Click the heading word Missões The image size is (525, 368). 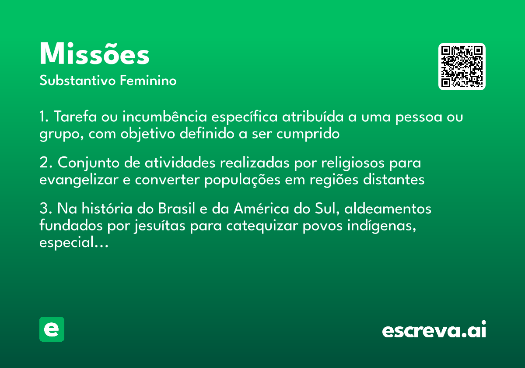click(x=94, y=55)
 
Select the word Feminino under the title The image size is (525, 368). click(x=148, y=81)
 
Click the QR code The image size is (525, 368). click(x=462, y=67)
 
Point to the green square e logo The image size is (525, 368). click(x=52, y=329)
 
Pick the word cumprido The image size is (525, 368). click(x=308, y=134)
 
